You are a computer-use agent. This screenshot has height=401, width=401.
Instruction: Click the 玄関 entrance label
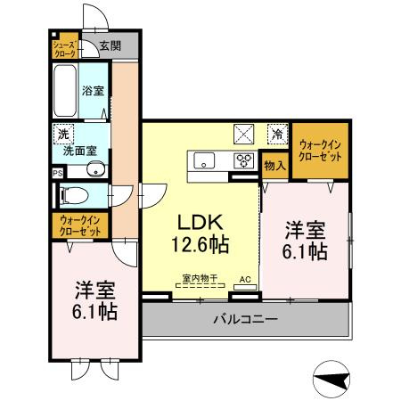tap(110, 45)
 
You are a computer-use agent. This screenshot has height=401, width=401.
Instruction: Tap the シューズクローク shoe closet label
tap(64, 47)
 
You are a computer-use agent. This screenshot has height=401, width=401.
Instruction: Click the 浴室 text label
tap(94, 91)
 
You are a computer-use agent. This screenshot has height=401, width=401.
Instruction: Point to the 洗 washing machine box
tap(62, 134)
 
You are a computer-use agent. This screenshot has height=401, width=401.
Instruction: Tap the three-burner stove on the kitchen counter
tap(242, 161)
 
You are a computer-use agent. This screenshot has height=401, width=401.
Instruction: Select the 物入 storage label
tap(274, 165)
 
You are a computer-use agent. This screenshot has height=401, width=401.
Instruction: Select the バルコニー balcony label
tap(245, 318)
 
